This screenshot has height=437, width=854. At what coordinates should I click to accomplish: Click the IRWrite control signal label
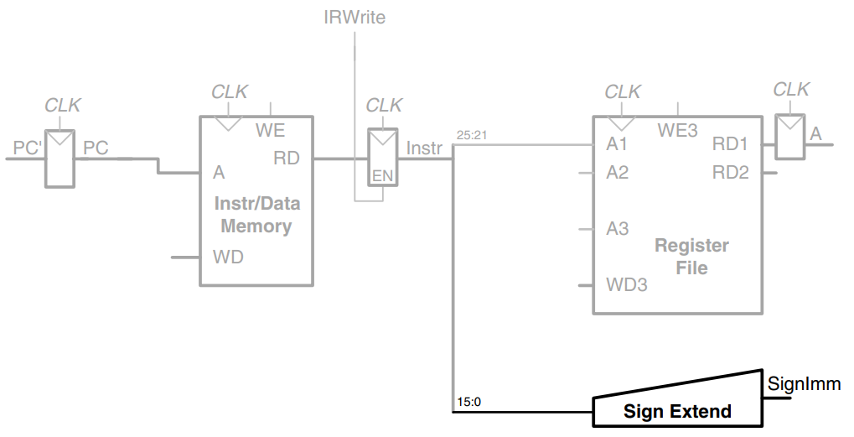(x=355, y=17)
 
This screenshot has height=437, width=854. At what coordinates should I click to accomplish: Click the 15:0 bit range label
(x=468, y=402)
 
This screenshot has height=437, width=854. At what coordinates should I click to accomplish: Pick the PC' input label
(x=28, y=148)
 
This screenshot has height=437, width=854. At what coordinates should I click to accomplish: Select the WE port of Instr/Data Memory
(x=270, y=130)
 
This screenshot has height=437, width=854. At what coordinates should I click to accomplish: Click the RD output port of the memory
(x=287, y=158)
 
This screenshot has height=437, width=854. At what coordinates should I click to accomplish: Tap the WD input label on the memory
(x=228, y=257)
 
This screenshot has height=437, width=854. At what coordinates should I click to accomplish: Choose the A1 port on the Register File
(x=617, y=144)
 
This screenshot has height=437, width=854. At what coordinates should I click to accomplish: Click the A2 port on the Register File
(x=617, y=173)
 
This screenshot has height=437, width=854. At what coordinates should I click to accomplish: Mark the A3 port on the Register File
(x=617, y=228)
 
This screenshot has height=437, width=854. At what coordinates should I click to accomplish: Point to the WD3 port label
(x=626, y=284)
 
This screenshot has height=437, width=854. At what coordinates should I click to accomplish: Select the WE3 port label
(x=677, y=130)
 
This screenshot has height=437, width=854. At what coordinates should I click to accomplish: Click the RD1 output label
(x=730, y=144)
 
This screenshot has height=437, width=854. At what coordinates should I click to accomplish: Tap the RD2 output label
(x=730, y=173)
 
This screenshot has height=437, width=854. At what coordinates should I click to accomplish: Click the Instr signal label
(x=424, y=148)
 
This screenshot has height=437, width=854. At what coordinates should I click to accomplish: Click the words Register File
(x=691, y=257)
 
